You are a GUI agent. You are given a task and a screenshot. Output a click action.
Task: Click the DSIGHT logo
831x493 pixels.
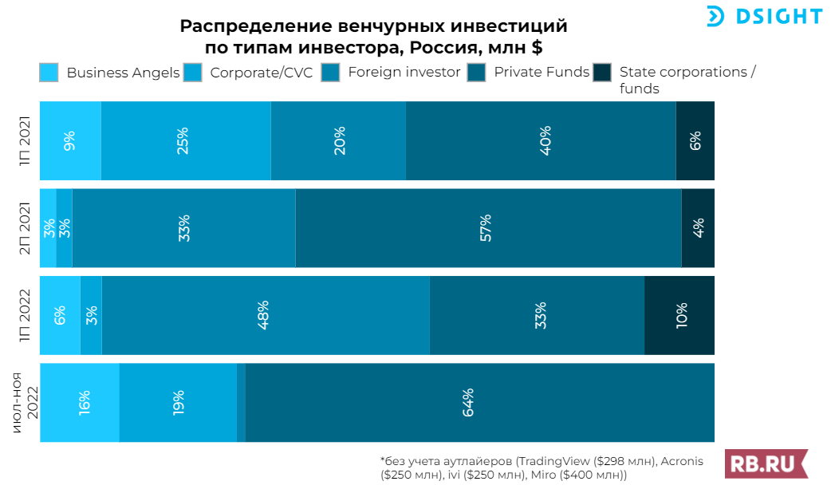(763, 16)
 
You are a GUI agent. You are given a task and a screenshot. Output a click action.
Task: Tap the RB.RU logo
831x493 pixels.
(766, 463)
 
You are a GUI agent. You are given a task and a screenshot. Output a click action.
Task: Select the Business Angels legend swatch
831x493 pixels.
(49, 73)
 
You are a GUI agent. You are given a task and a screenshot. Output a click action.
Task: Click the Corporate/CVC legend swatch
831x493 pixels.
(193, 73)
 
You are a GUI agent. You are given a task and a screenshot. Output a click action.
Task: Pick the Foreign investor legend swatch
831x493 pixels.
(331, 73)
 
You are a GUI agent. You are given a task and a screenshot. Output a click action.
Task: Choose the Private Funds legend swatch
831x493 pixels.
(477, 73)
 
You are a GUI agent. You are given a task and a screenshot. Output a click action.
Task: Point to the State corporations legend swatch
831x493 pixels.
(602, 73)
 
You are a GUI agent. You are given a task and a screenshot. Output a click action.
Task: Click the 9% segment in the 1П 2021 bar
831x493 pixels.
(70, 140)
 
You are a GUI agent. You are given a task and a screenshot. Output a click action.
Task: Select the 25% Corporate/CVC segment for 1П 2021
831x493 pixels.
(186, 140)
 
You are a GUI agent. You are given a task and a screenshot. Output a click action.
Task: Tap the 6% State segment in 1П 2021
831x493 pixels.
(695, 140)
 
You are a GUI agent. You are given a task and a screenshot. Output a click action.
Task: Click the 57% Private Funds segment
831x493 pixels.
(488, 227)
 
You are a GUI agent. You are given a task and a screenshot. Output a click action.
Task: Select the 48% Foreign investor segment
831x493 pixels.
(266, 315)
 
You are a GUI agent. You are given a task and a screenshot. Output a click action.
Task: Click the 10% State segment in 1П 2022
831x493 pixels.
(679, 315)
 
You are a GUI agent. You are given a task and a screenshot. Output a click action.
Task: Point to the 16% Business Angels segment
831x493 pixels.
(80, 402)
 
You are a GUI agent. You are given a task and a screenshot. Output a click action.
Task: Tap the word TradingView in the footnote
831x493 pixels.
(550, 462)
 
